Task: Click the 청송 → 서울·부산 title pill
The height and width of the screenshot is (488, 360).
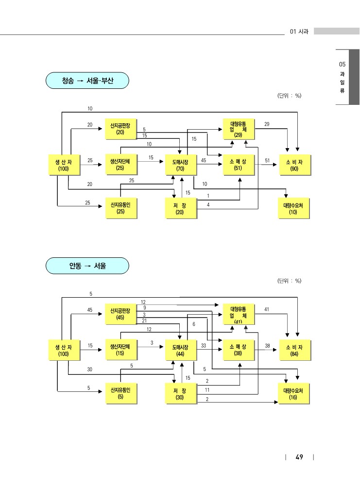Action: click(x=87, y=81)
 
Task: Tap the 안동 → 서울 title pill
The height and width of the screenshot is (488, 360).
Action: click(x=87, y=266)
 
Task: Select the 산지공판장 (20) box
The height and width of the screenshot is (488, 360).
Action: click(x=121, y=129)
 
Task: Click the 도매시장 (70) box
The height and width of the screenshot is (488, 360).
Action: click(x=181, y=165)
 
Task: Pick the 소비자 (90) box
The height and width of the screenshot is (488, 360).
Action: click(x=294, y=165)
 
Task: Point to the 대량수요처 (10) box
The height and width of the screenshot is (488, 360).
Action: click(x=293, y=208)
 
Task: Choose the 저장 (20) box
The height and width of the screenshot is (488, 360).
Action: click(x=181, y=208)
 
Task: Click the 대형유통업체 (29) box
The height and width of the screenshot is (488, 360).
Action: click(x=239, y=129)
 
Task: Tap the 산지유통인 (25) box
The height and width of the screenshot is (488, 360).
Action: click(x=121, y=208)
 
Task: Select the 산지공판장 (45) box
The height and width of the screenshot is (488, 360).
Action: click(x=121, y=314)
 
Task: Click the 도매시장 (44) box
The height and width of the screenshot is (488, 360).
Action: click(x=181, y=350)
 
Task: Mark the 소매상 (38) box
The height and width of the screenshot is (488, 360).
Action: click(x=239, y=350)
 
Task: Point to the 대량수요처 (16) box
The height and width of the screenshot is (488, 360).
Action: click(x=293, y=393)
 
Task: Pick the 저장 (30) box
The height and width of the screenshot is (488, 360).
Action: click(x=181, y=393)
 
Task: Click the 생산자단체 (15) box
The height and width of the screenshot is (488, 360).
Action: click(x=121, y=350)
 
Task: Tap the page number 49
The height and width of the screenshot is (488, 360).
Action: click(x=299, y=457)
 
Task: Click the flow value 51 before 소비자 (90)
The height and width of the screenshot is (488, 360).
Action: click(x=267, y=161)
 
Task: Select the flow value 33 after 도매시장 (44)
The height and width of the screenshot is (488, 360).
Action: click(x=204, y=345)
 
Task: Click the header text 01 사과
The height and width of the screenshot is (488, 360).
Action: click(x=299, y=32)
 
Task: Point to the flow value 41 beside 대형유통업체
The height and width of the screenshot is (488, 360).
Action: click(x=267, y=309)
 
